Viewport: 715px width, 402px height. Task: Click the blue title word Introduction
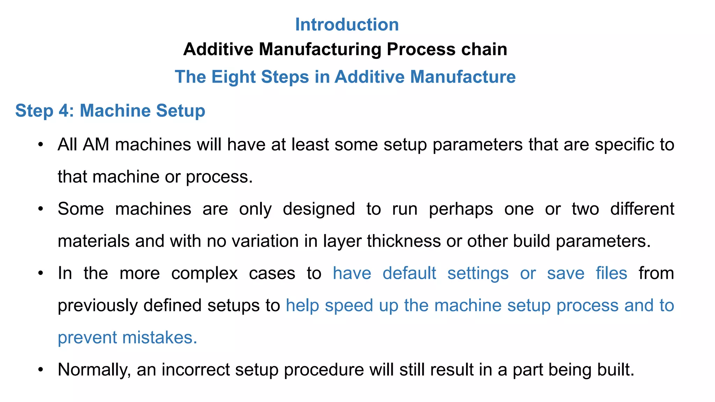click(347, 25)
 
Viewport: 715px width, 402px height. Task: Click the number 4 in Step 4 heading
click(65, 111)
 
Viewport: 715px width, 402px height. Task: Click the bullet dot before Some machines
click(41, 209)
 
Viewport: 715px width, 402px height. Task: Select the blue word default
click(409, 273)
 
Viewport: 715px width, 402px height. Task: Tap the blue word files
click(611, 273)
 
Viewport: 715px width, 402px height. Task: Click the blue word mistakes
click(159, 338)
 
